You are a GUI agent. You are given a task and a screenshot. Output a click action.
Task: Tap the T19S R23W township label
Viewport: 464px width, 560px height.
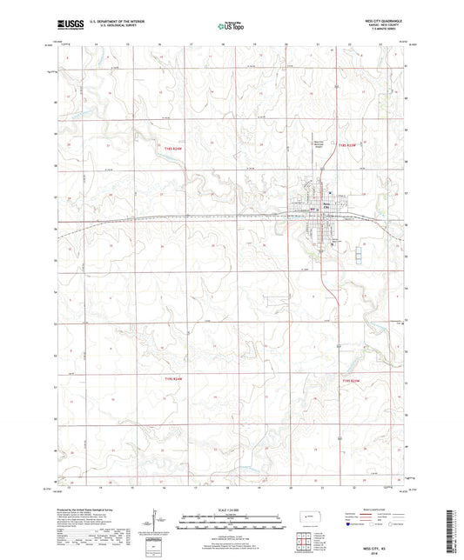(x=351, y=380)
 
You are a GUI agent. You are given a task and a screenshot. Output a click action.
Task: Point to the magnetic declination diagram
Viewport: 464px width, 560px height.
(x=155, y=524)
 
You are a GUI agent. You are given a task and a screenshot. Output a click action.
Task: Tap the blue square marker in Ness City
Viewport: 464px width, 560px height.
(x=329, y=193)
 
